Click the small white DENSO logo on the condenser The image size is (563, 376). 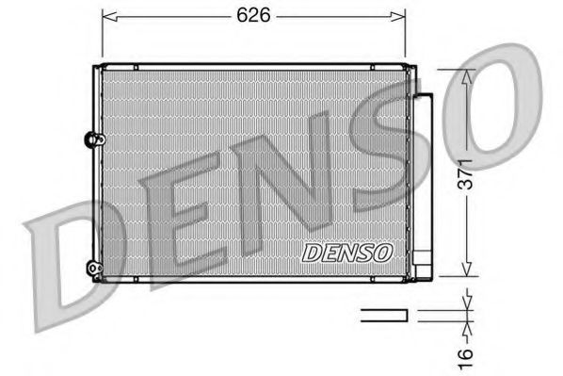pos(346,253)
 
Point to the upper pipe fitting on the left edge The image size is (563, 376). pos(92,139)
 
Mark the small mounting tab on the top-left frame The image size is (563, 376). pos(136,66)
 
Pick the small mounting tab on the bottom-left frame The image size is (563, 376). pos(136,280)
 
